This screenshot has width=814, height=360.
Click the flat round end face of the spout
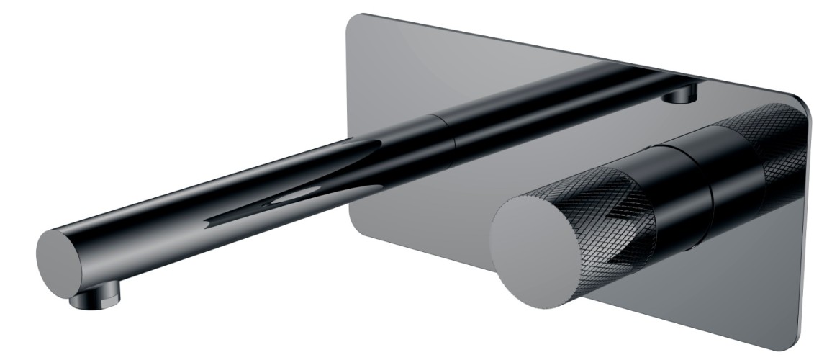pos(57,254)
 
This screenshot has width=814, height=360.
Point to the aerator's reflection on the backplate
pos(684,94)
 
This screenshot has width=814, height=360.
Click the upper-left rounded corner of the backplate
pos(354,20)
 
